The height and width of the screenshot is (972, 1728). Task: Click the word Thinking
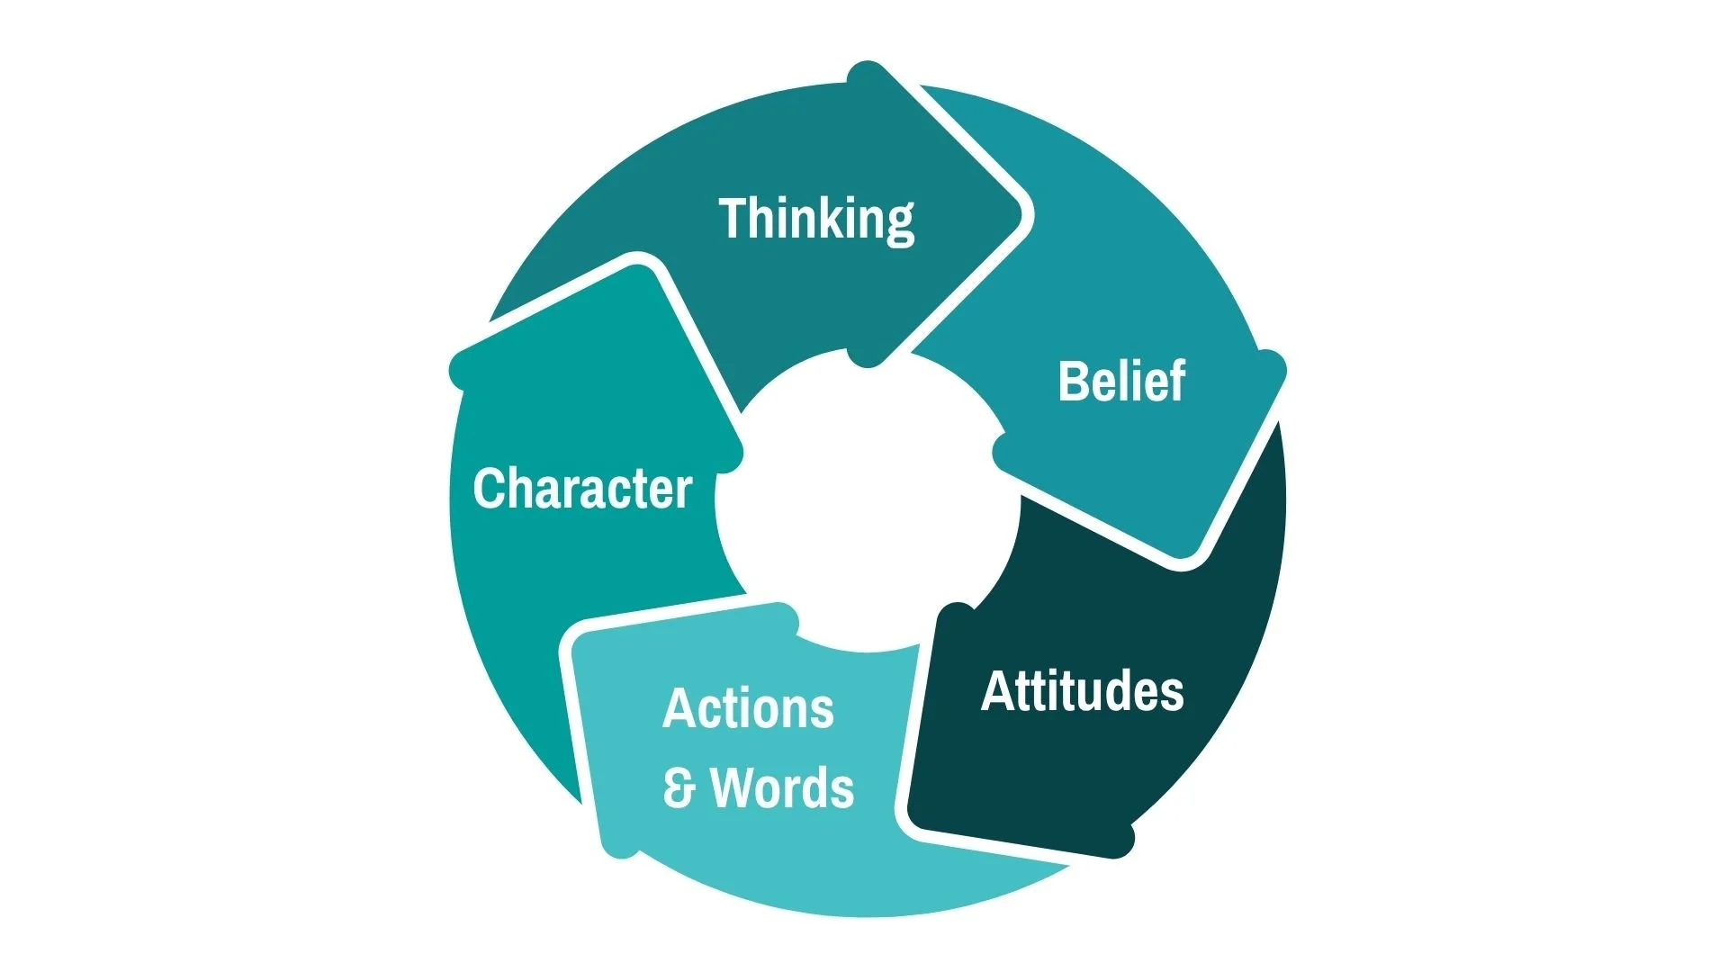[x=816, y=219]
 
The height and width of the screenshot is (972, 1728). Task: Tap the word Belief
[x=1121, y=381]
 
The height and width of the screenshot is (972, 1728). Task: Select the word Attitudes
[x=1082, y=691]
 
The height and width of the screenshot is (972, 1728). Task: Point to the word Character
[x=582, y=489]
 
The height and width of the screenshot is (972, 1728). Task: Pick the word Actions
[x=748, y=708]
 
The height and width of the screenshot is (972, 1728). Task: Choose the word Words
[x=782, y=787]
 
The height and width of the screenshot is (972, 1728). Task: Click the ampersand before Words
[x=679, y=787]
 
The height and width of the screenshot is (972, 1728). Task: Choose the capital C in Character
[x=490, y=489]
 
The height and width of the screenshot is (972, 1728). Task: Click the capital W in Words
[x=735, y=787]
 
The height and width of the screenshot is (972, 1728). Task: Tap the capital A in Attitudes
[x=996, y=691]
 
